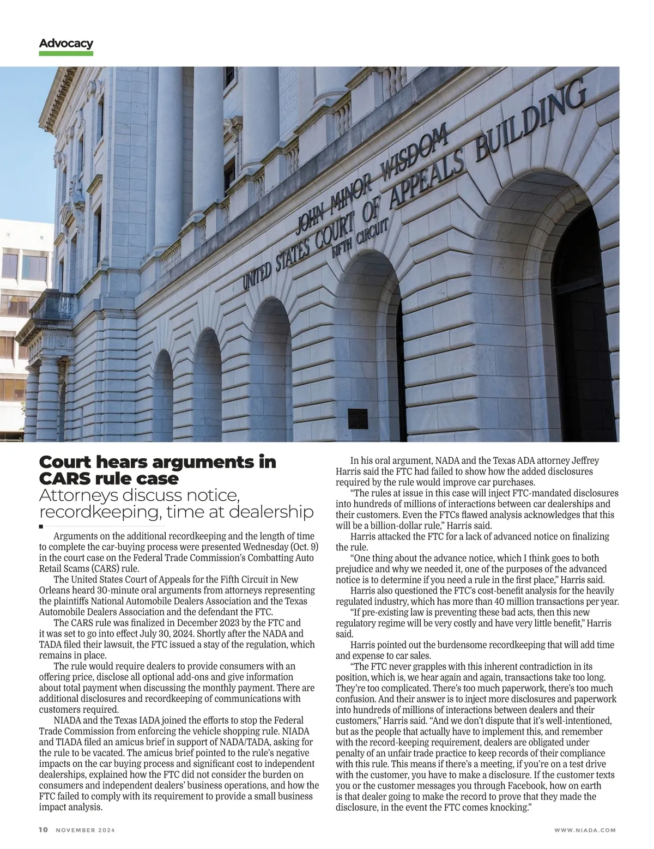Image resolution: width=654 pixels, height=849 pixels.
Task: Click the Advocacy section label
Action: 66,44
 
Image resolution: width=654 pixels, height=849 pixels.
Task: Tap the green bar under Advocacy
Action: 66,53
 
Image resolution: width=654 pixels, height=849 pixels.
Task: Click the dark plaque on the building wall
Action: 358,417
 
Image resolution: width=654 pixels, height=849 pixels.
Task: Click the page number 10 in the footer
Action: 44,830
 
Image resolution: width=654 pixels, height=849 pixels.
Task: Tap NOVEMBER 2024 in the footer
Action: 86,830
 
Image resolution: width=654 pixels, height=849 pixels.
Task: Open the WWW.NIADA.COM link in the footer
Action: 584,830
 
